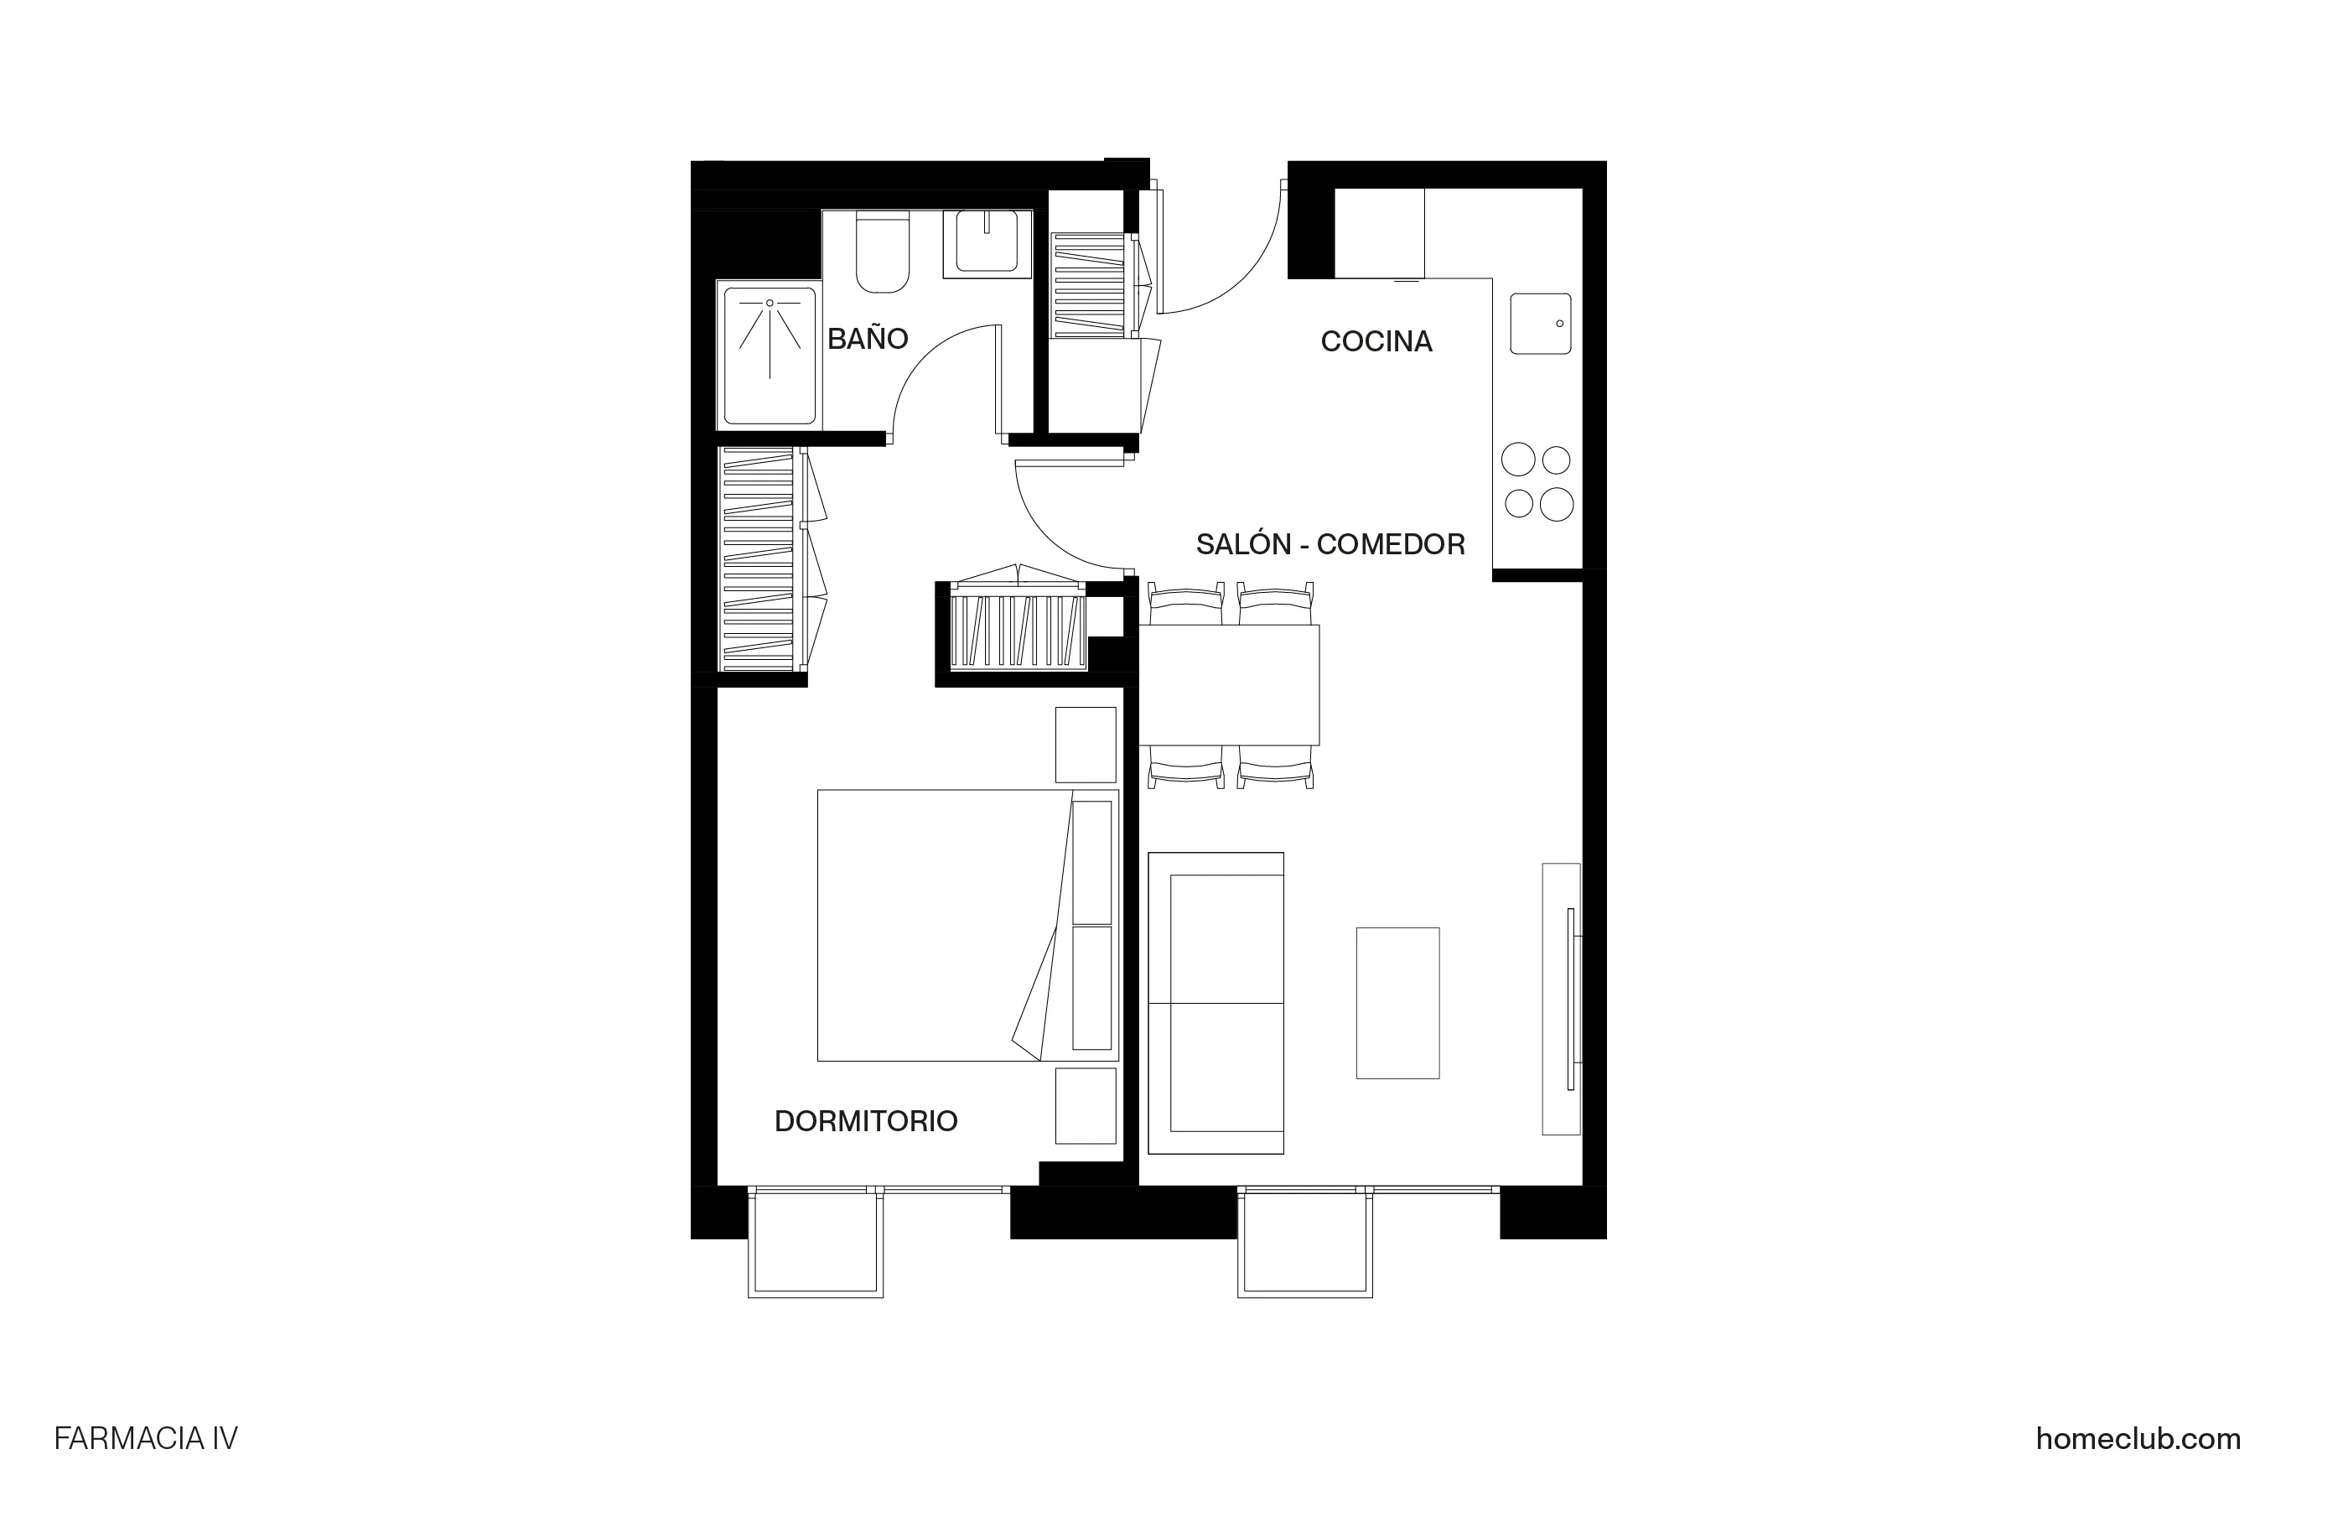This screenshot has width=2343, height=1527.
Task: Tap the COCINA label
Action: point(1376,341)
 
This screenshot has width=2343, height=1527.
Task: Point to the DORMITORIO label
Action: point(865,1121)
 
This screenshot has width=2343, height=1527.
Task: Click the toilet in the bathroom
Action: point(882,253)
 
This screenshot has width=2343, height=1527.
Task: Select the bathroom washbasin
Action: point(987,242)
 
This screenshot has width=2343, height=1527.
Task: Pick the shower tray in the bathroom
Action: point(769,356)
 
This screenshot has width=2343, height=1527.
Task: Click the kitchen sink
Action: point(1540,323)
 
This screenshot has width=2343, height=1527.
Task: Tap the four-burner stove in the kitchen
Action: point(1537,481)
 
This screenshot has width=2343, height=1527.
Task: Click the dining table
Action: point(1229,684)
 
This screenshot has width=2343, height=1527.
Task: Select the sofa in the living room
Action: point(1216,1002)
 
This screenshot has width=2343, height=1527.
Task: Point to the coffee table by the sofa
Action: point(1397,1002)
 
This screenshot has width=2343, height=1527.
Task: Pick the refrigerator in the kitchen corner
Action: point(1379,233)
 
